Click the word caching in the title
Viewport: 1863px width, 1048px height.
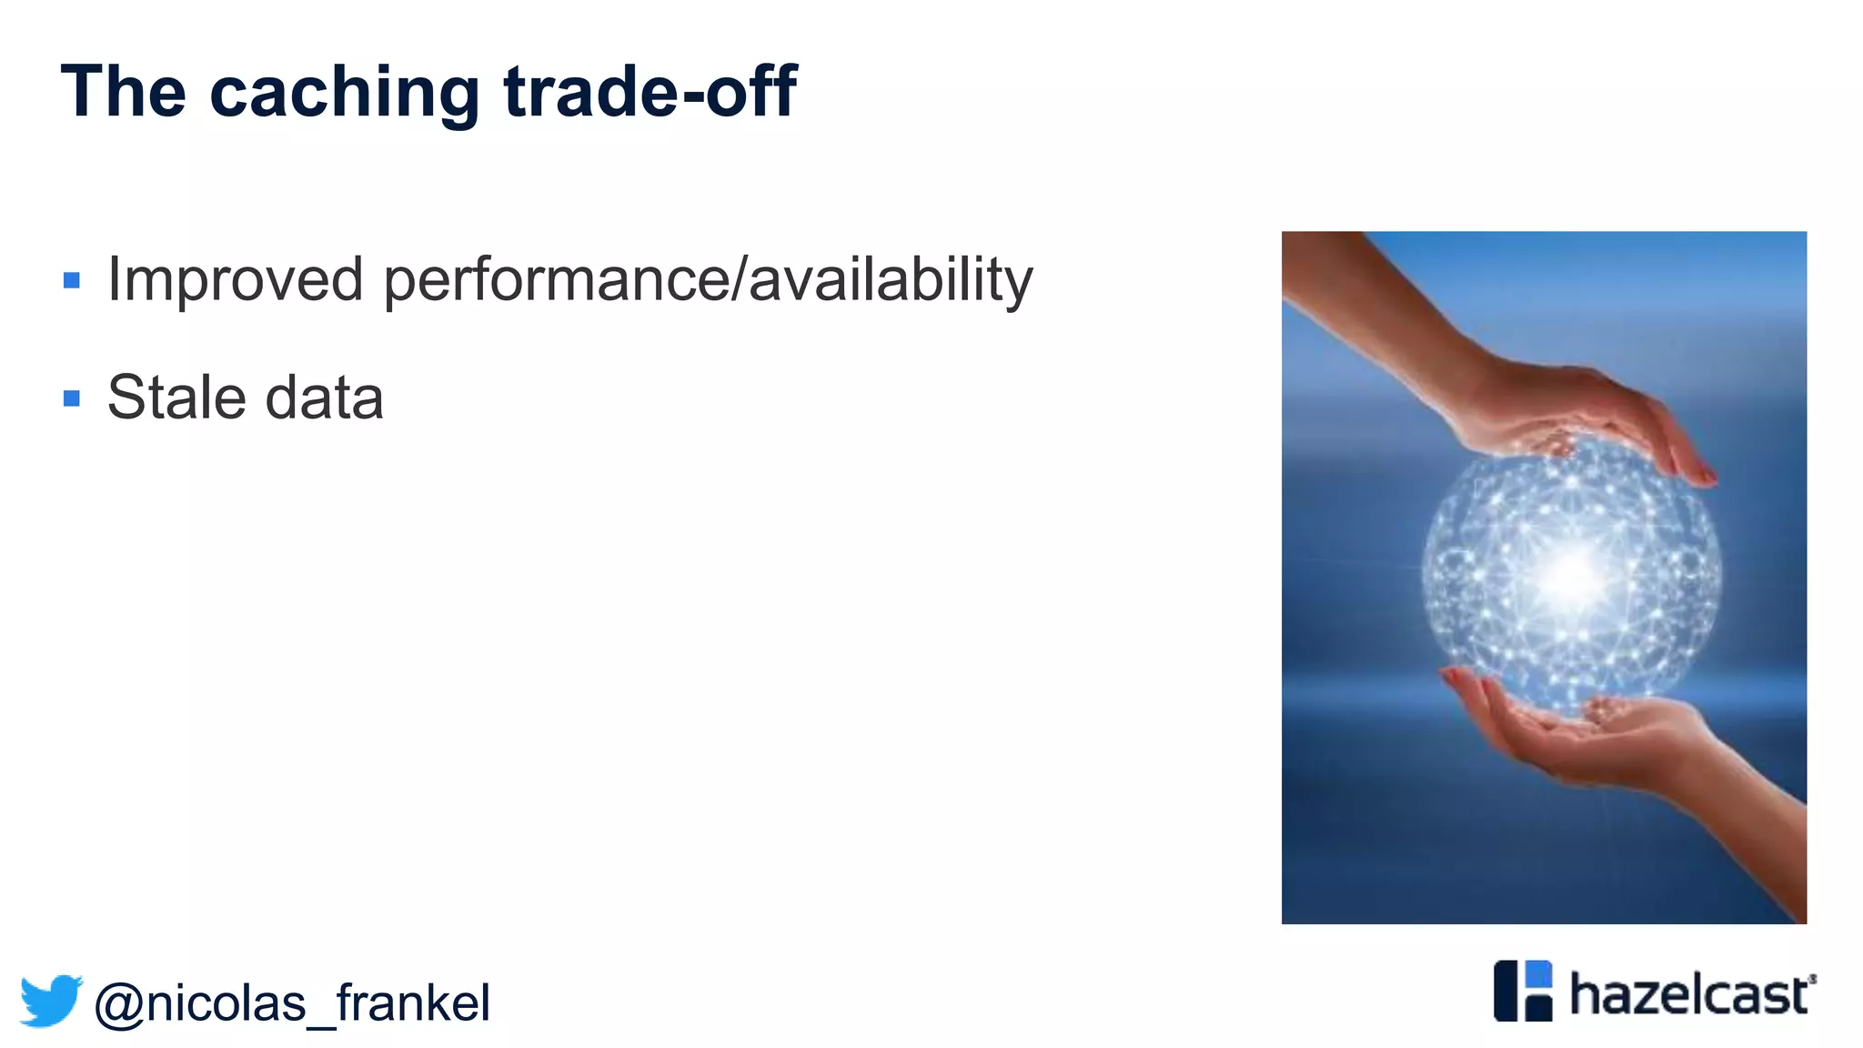pyautogui.click(x=345, y=93)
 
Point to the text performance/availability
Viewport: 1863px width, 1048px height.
pyautogui.click(x=708, y=280)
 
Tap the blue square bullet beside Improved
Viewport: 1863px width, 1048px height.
pyautogui.click(x=72, y=280)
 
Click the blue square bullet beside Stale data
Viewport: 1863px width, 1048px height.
pyautogui.click(x=72, y=398)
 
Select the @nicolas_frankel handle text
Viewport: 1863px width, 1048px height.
pyautogui.click(x=292, y=1003)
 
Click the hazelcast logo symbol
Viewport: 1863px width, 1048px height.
pyautogui.click(x=1523, y=991)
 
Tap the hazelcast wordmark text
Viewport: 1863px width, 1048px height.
pyautogui.click(x=1689, y=994)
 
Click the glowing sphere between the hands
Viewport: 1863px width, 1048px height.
pyautogui.click(x=1571, y=573)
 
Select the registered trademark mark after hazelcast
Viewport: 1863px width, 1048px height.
pyautogui.click(x=1812, y=979)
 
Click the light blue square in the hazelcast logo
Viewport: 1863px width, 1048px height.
pyautogui.click(x=1537, y=973)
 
